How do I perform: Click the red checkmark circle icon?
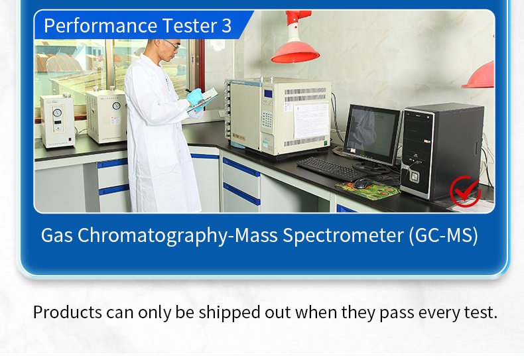465,192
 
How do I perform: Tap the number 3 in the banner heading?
226,26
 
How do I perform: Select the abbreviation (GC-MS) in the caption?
444,235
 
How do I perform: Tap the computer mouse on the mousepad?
363,183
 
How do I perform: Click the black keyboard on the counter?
332,168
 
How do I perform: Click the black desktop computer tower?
441,152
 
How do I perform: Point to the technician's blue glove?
195,97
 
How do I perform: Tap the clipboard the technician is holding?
203,99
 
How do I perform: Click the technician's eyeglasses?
172,44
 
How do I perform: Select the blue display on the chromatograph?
268,94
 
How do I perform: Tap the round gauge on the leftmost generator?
58,112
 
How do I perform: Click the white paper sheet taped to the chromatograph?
312,121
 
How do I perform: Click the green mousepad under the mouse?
368,190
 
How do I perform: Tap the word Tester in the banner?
190,26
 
